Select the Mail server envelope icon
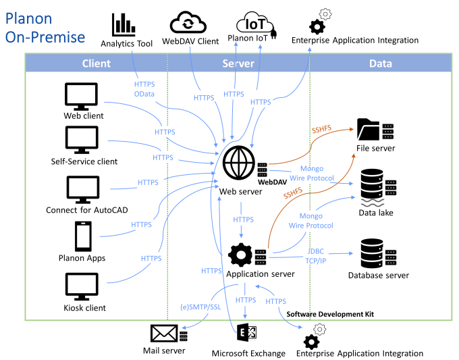pos(164,334)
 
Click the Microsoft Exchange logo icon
pos(245,334)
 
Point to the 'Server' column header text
pos(238,63)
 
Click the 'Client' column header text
pos(97,63)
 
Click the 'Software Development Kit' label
pos(330,315)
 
